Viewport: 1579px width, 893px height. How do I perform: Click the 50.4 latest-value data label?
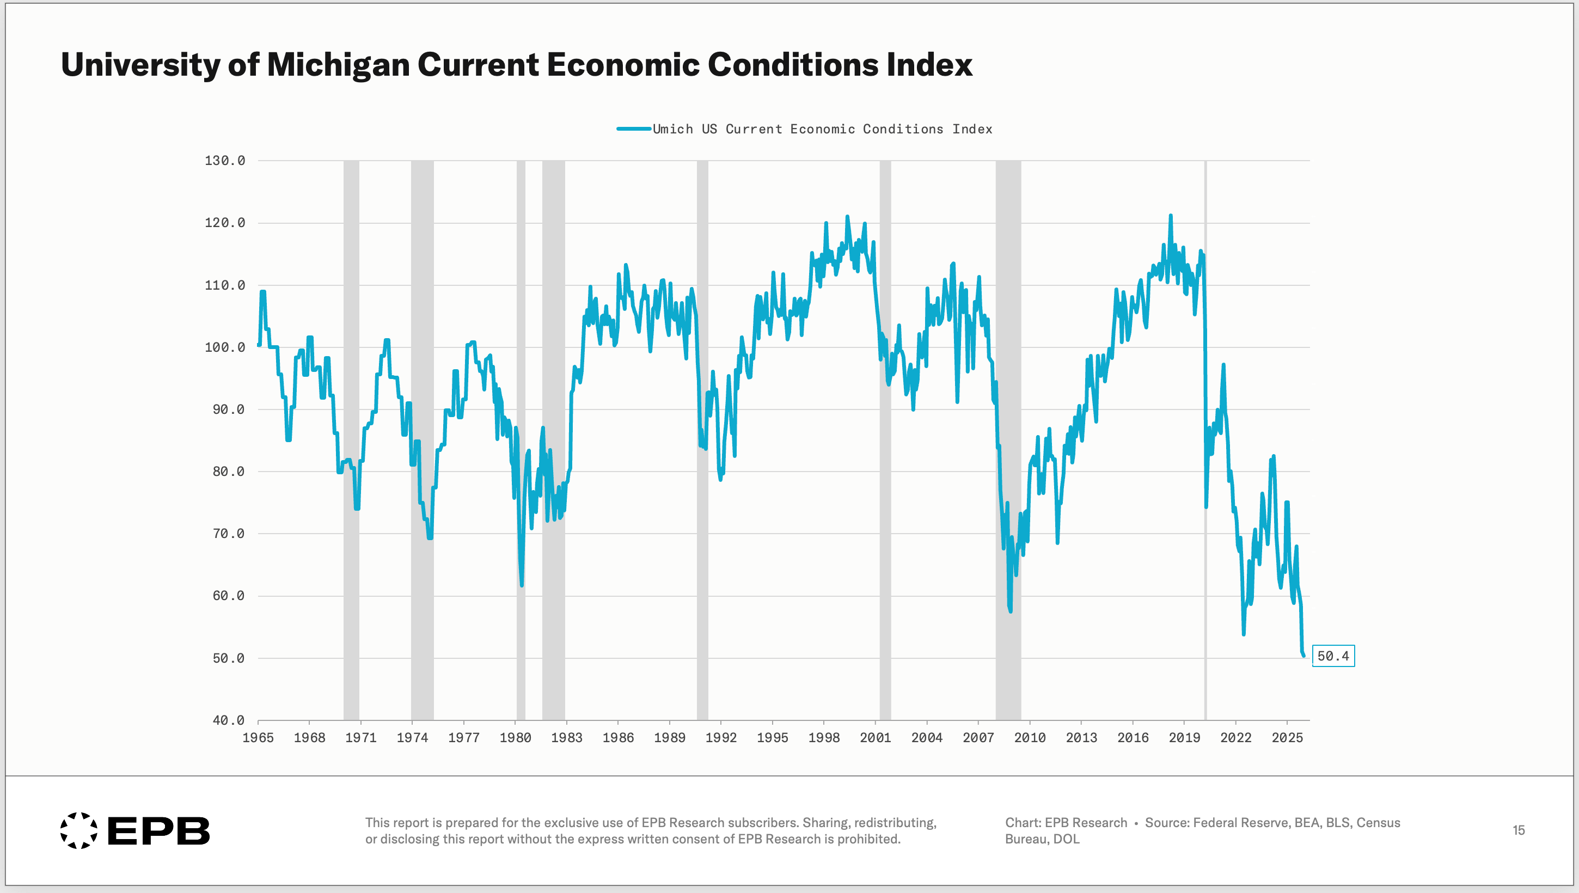pos(1333,656)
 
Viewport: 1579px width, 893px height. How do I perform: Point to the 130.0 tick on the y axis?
pos(224,161)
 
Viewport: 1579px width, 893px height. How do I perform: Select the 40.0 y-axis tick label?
pos(228,720)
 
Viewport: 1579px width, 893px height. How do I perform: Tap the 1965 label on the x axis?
pos(258,738)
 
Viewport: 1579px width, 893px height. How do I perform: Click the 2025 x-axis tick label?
pos(1287,738)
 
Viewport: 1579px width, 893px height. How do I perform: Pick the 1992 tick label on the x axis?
pos(720,738)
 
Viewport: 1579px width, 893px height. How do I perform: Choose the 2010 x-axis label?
pos(1030,738)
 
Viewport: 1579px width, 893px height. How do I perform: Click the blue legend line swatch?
pos(633,129)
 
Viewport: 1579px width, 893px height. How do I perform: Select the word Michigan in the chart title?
pos(338,64)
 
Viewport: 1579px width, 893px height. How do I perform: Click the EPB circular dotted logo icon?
pos(78,830)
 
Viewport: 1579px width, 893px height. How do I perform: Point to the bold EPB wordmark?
pos(159,831)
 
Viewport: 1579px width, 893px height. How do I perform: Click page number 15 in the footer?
pos(1519,830)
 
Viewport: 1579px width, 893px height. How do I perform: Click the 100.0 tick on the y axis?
pos(224,347)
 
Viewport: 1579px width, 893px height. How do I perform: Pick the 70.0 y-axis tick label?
pos(228,534)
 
